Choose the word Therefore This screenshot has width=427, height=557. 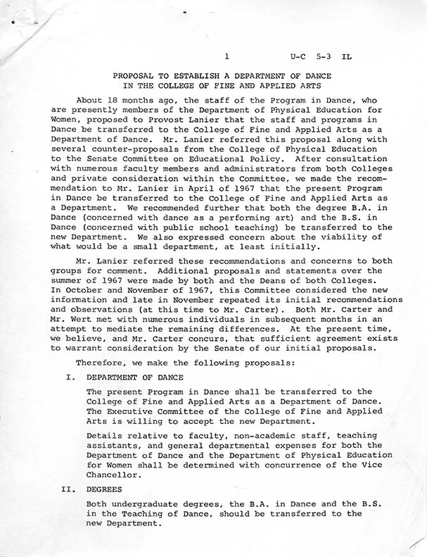click(102, 363)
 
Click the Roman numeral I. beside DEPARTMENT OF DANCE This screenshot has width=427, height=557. click(70, 377)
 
